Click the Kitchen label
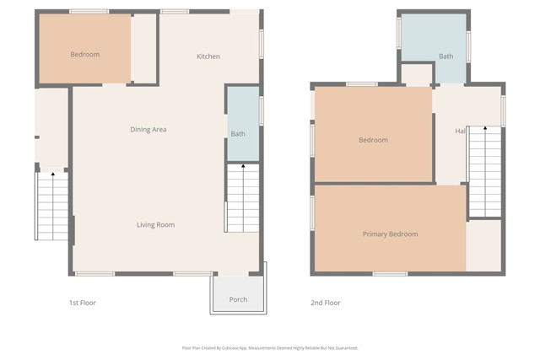(x=208, y=56)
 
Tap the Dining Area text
(x=148, y=129)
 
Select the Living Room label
(x=156, y=224)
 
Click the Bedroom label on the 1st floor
(x=84, y=55)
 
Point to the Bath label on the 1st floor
(x=238, y=134)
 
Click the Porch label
(x=238, y=299)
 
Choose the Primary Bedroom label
(x=390, y=234)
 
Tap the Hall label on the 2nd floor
(x=461, y=132)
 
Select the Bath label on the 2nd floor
(x=445, y=56)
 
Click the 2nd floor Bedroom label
(x=373, y=140)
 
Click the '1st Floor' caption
(x=83, y=302)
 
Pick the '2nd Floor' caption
(x=327, y=302)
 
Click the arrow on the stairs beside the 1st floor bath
(x=243, y=169)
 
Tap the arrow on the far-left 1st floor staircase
(x=52, y=175)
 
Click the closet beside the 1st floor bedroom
(x=144, y=49)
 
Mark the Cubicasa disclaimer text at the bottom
(x=270, y=347)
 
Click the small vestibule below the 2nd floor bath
(x=416, y=75)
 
